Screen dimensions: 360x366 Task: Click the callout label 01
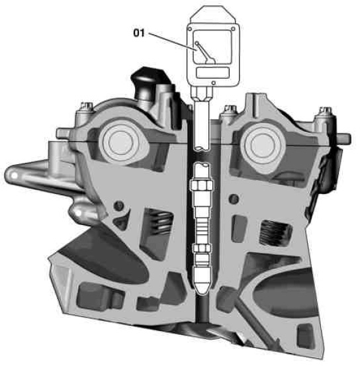click(139, 33)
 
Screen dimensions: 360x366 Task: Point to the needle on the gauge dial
click(204, 52)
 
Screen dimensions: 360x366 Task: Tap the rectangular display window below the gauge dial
click(212, 73)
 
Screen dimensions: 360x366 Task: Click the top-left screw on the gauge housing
click(190, 29)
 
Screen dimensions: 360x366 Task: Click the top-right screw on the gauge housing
click(233, 29)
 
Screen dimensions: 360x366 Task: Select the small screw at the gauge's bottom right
click(213, 83)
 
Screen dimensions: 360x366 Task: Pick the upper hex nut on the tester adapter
click(202, 185)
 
